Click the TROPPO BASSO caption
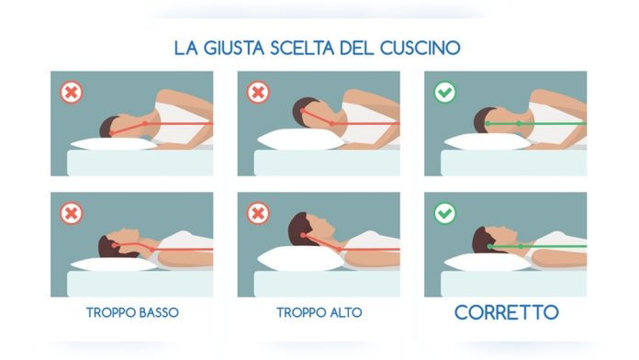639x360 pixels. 132,312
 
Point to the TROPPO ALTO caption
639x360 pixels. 319,312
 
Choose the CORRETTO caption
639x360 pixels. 506,312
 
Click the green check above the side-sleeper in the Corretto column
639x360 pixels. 444,93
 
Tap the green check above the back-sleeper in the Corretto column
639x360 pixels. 444,214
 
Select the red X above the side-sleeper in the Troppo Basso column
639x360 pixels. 71,93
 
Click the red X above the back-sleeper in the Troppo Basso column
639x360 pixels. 71,214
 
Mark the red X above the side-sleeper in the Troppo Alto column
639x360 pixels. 257,93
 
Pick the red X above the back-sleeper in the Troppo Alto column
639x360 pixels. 257,214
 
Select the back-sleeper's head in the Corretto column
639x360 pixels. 487,241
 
